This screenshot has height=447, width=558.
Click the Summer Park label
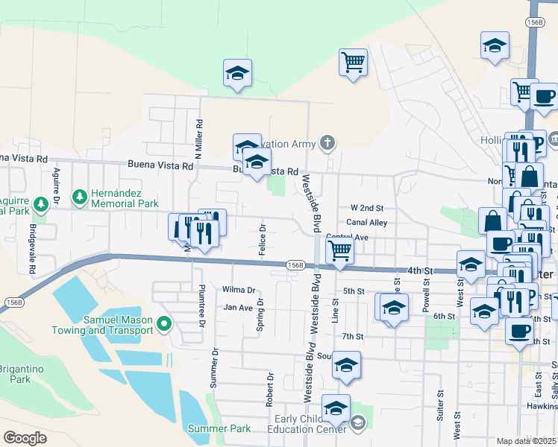[x=219, y=428]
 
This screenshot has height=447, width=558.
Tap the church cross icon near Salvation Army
[x=327, y=142]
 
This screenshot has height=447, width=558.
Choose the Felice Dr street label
[x=263, y=240]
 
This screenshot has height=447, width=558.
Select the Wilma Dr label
[x=238, y=290]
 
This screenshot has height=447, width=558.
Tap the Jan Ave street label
[x=238, y=307]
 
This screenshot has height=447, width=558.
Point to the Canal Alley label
[x=366, y=223]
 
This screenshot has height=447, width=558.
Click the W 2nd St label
[x=366, y=208]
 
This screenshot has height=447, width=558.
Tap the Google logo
[x=25, y=438]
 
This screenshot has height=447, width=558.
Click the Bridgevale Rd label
[x=32, y=241]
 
